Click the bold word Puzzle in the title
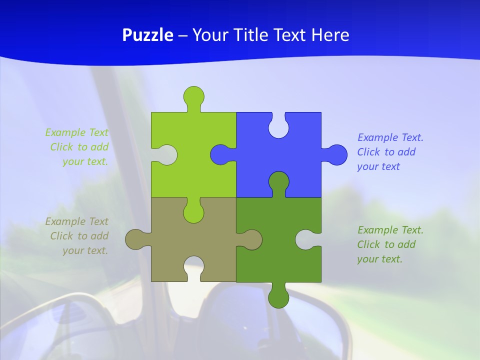click(x=147, y=35)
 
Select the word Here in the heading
click(x=330, y=35)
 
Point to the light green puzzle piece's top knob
click(x=193, y=96)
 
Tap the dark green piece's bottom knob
click(x=278, y=298)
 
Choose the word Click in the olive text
click(x=61, y=236)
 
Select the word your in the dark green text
click(x=367, y=259)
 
